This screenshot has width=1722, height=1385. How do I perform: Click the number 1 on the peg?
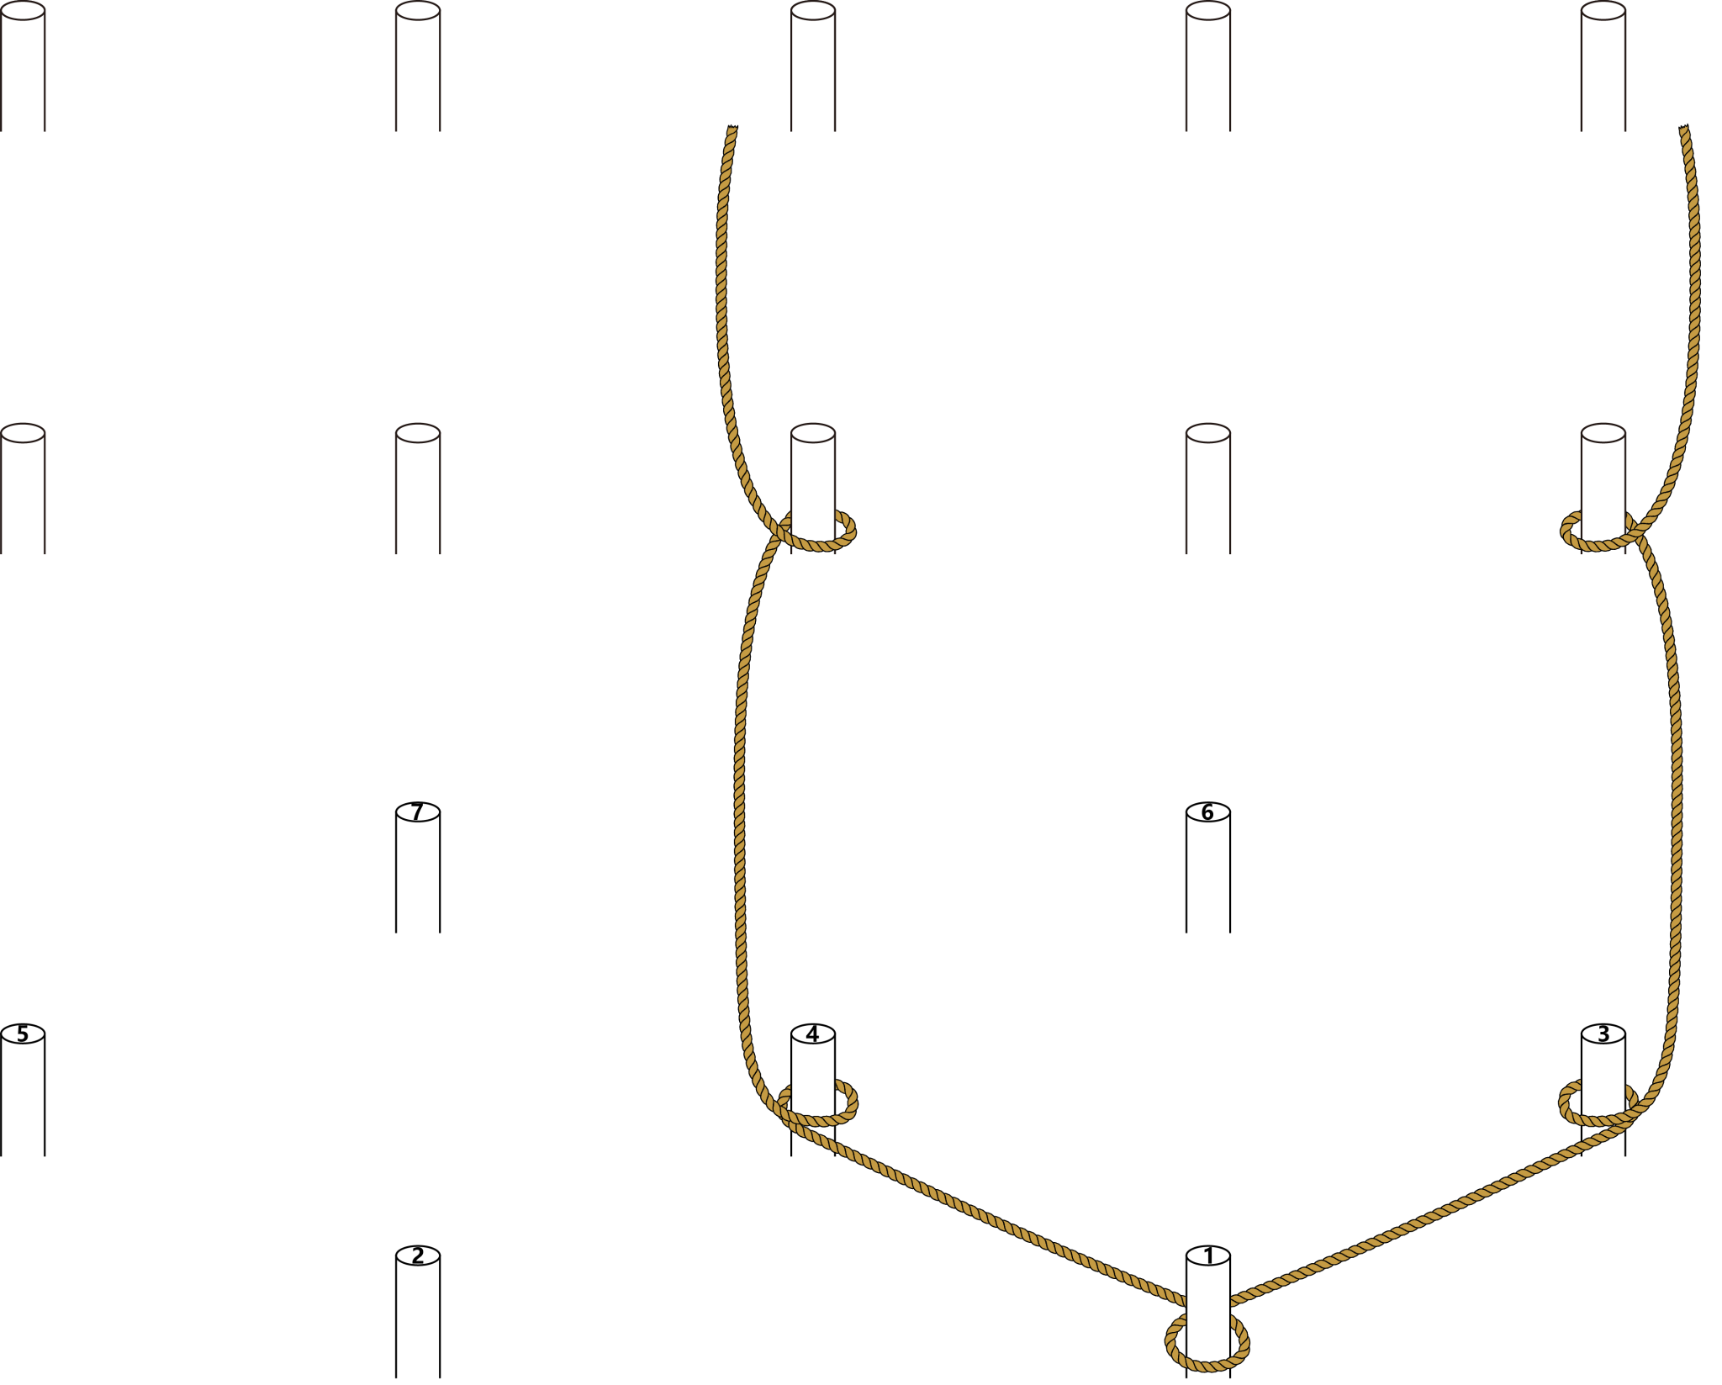click(x=1208, y=1256)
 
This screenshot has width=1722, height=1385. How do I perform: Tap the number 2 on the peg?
click(x=418, y=1256)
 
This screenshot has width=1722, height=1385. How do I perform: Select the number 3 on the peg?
click(x=1603, y=1034)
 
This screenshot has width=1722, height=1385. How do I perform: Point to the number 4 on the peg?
click(x=812, y=1034)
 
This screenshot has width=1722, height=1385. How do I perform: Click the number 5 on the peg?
click(x=23, y=1034)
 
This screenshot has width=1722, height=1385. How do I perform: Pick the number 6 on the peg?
click(x=1207, y=812)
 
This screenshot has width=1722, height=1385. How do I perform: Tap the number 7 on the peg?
click(x=417, y=812)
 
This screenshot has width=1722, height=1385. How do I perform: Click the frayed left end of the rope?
click(x=732, y=128)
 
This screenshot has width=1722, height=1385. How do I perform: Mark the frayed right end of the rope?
click(x=1684, y=128)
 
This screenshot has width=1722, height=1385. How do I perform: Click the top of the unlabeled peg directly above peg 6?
click(x=1208, y=433)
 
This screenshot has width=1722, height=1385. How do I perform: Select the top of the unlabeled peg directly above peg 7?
click(x=418, y=433)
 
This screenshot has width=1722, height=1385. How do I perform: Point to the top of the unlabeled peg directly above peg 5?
click(x=23, y=433)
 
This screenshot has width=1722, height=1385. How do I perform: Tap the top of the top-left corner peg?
click(x=23, y=11)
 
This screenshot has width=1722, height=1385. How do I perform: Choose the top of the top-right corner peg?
click(x=1603, y=11)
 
